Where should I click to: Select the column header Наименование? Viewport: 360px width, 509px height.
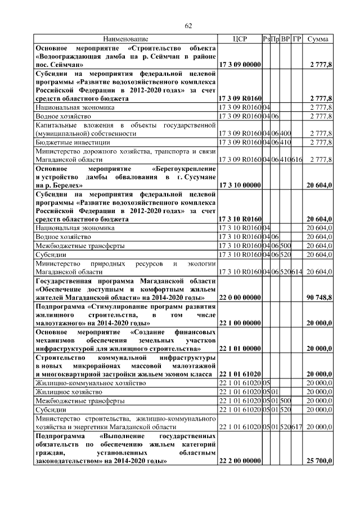click(125, 39)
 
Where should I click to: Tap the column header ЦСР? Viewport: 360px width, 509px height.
click(240, 39)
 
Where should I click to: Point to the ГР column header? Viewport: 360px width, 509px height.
click(298, 39)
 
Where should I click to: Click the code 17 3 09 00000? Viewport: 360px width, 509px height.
click(240, 65)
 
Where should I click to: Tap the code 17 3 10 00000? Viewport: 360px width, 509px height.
click(240, 184)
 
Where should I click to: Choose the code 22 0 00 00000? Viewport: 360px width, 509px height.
click(240, 297)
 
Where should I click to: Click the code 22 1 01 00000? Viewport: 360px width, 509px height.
click(240, 349)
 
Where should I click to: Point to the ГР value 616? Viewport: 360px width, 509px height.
click(298, 160)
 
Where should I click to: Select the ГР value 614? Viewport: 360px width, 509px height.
click(298, 272)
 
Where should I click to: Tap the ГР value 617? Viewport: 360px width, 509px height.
click(298, 427)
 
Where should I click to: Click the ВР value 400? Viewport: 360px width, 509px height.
click(286, 134)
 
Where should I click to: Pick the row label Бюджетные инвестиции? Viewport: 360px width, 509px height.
click(73, 143)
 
